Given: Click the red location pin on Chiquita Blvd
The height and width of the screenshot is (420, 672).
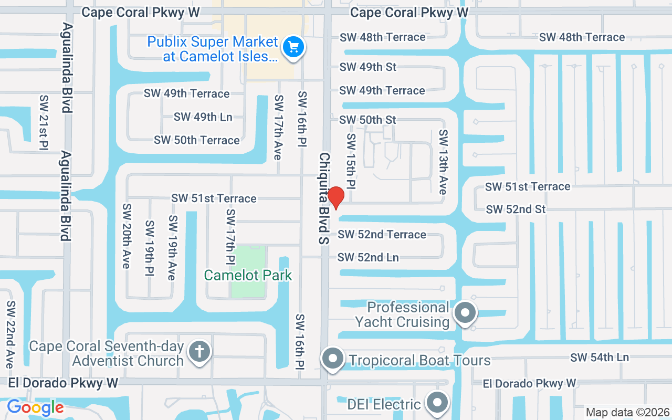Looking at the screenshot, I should [x=335, y=197].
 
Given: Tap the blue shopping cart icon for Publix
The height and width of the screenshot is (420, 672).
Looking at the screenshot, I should [x=293, y=48].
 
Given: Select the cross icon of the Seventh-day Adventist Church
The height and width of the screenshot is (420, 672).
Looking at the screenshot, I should [x=199, y=350].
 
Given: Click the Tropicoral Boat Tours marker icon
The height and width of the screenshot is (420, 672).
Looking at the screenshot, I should [x=332, y=359].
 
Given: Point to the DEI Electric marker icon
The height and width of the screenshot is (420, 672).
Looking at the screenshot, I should [x=437, y=403].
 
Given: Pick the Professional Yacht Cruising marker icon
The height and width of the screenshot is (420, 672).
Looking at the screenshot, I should [x=465, y=313].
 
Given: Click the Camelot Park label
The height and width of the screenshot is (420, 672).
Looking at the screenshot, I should [x=248, y=275].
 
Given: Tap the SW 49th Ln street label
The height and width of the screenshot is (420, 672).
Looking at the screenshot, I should [x=203, y=117].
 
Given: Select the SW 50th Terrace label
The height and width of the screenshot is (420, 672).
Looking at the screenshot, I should [x=197, y=140].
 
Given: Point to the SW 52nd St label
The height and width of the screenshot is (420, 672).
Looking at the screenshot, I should [x=516, y=209].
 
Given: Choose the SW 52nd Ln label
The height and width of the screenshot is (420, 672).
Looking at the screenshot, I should [x=368, y=257].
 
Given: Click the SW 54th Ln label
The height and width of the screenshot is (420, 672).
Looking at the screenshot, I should [x=600, y=357].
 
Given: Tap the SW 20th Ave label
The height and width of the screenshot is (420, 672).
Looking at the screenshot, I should [x=126, y=236].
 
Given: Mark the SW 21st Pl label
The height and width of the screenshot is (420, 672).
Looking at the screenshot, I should [x=44, y=122].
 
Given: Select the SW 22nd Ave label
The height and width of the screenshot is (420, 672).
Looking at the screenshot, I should [x=10, y=334].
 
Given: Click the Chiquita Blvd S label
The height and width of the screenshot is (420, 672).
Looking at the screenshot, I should [x=324, y=198].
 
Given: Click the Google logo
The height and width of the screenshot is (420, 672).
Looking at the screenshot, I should [x=35, y=407].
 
